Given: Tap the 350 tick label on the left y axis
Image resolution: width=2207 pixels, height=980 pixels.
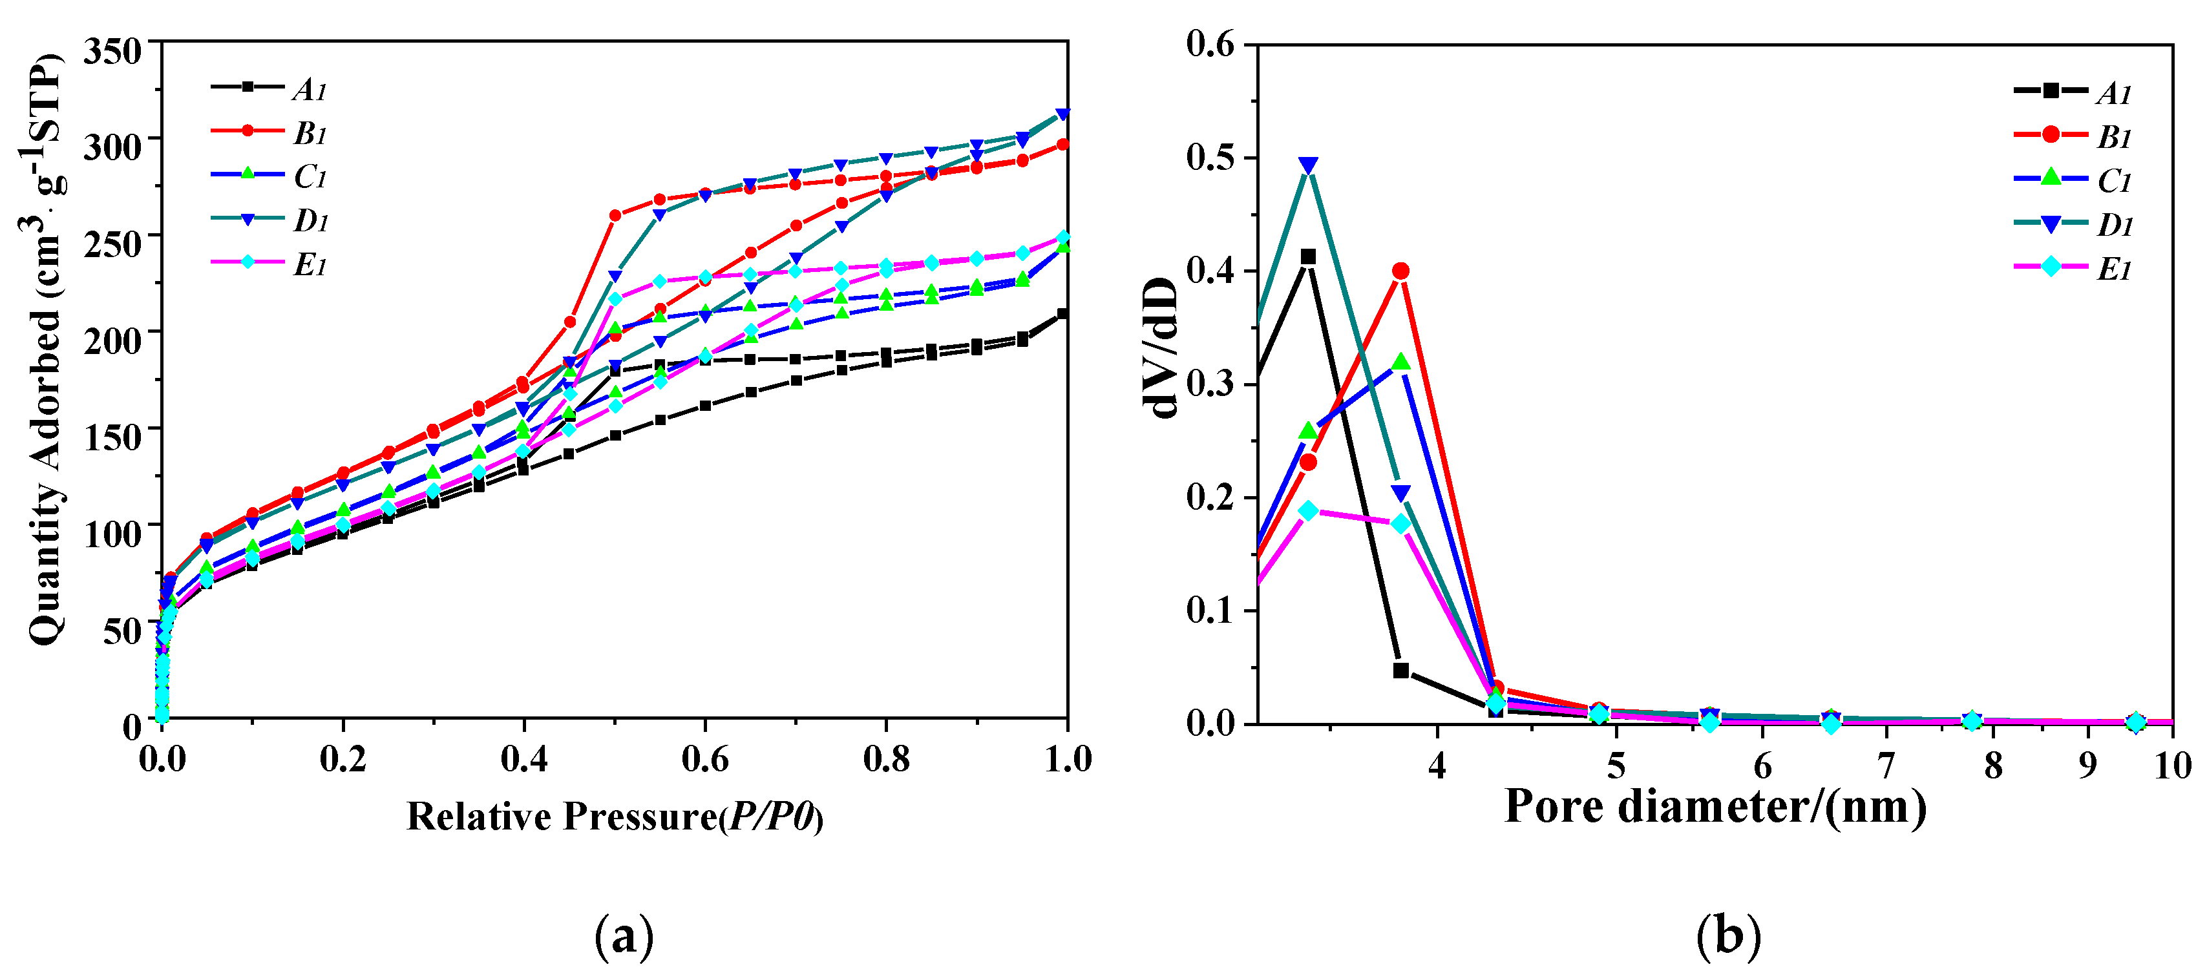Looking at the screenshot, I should [112, 52].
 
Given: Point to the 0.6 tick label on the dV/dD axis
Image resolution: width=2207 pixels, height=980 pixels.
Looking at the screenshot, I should [1210, 44].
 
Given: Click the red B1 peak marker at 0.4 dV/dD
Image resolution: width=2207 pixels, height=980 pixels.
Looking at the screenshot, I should [1401, 271].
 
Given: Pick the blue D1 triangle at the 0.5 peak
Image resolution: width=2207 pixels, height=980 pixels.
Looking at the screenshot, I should [1308, 165].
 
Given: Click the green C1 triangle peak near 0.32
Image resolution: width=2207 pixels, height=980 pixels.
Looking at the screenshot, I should [1401, 362].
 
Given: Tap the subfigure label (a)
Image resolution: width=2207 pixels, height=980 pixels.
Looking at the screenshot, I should [624, 936].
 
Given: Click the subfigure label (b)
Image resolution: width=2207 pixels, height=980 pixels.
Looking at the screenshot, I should [1728, 936].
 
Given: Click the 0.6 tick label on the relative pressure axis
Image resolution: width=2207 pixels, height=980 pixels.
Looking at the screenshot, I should [704, 760].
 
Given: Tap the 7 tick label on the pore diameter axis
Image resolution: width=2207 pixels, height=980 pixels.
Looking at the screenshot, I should [1886, 765].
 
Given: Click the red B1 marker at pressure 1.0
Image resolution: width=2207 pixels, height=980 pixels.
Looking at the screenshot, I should [1062, 144].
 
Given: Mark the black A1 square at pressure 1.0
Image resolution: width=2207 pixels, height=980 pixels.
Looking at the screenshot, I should [1062, 313].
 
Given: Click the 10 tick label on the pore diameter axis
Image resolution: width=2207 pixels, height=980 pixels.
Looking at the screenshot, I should [2172, 765].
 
